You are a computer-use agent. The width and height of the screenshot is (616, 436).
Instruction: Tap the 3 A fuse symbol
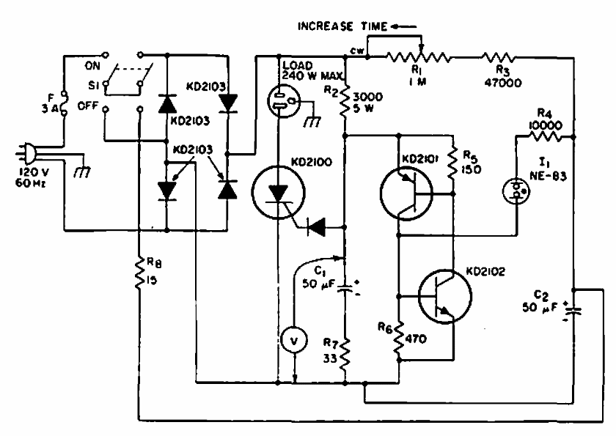65,103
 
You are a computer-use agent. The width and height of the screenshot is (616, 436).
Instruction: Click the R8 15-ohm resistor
139,273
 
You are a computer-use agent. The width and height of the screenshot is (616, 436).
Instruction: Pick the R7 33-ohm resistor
345,355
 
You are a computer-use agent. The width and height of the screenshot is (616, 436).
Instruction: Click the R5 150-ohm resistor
452,165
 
